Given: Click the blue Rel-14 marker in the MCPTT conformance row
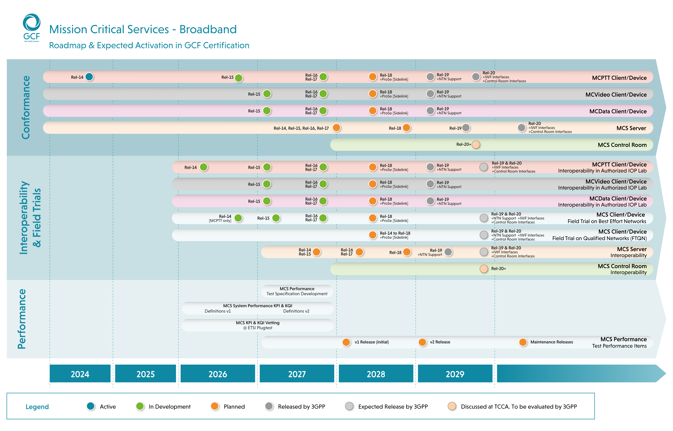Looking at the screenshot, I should tap(89, 77).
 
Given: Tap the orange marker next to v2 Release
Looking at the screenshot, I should tap(422, 342).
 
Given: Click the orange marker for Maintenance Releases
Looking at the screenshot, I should tap(523, 342).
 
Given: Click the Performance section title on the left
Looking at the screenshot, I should tap(22, 319).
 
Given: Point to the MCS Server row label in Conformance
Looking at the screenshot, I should tap(631, 128).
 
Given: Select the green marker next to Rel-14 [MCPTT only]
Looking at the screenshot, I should tap(238, 218).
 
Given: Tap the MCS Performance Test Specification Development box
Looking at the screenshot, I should tap(297, 291).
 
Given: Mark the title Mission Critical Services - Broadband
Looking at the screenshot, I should tap(143, 29).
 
